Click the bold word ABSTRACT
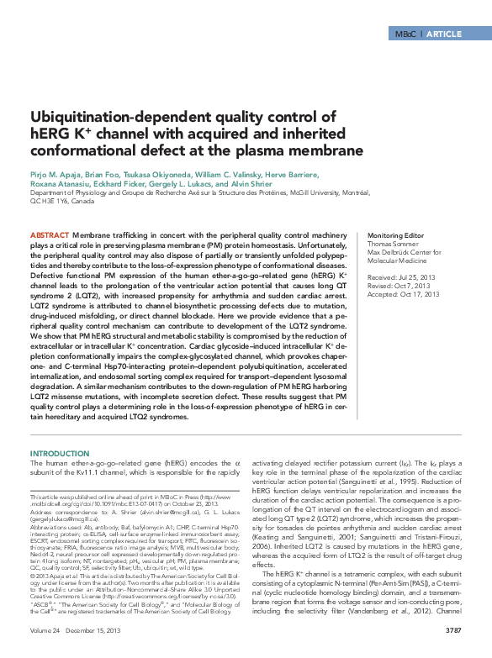tap(50, 234)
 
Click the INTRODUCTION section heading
tap(60, 453)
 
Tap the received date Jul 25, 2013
tap(416, 276)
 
